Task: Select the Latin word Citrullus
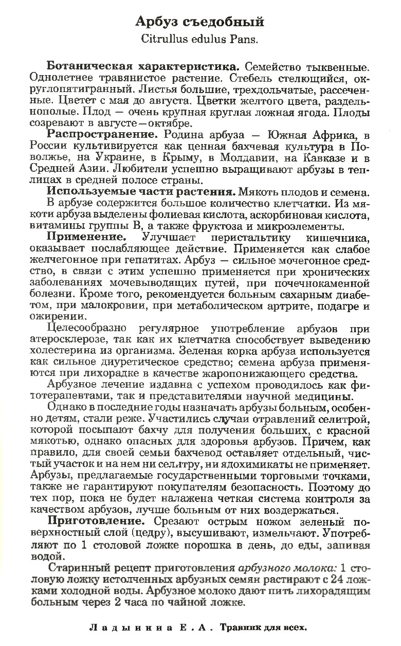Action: [160, 38]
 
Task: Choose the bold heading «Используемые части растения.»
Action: [141, 192]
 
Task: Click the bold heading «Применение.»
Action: [87, 238]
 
